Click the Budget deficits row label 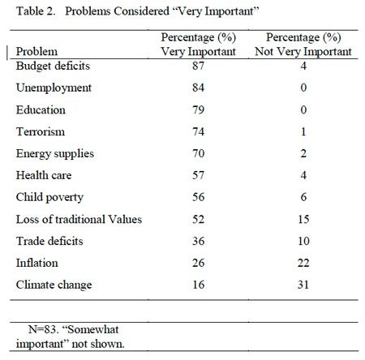[x=53, y=66]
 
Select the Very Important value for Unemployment [x=198, y=88]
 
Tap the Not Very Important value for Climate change [x=303, y=285]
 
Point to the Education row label [x=41, y=109]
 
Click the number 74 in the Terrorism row [x=198, y=131]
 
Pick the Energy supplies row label [x=55, y=154]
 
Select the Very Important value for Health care [x=198, y=175]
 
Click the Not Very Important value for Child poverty [x=303, y=197]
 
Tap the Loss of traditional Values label [x=79, y=219]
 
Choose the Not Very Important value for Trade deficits [x=303, y=241]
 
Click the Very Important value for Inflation [x=198, y=263]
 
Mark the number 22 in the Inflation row [x=303, y=263]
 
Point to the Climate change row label [x=54, y=285]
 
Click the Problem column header [x=36, y=51]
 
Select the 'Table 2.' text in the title [x=36, y=11]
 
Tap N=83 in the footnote [x=44, y=329]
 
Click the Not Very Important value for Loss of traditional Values [x=303, y=219]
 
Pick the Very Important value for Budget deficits [x=198, y=66]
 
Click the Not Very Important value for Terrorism [x=303, y=131]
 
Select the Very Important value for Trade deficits [x=198, y=241]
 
